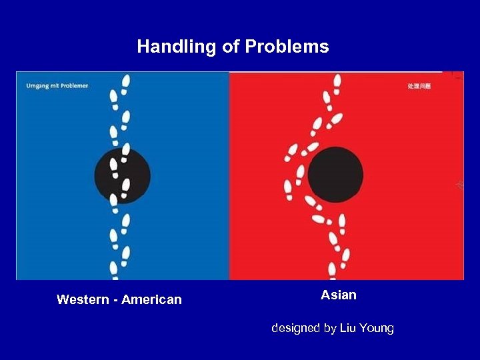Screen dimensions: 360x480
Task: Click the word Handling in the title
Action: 167,47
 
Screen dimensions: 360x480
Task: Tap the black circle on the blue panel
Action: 122,176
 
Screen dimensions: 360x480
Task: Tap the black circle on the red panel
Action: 335,175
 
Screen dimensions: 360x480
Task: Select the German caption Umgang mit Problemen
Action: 57,85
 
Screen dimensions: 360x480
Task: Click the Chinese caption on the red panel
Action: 419,87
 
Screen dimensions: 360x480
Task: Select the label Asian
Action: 339,295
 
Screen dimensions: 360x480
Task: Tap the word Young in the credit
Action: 377,328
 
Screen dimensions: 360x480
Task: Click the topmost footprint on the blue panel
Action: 126,81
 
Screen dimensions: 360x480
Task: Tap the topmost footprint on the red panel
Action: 337,81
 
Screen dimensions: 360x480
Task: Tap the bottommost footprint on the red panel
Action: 332,269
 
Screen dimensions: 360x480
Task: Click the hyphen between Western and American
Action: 116,300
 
